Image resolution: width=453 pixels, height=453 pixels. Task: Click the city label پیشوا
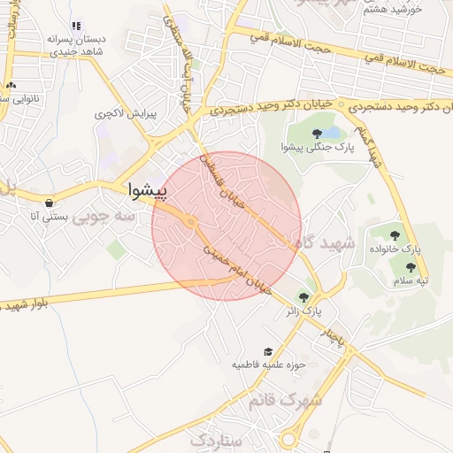(x=148, y=188)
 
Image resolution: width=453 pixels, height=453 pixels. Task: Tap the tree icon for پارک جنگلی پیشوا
(x=317, y=134)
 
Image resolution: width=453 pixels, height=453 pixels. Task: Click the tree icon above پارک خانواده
(x=395, y=235)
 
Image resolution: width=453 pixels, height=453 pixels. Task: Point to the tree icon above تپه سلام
(x=410, y=266)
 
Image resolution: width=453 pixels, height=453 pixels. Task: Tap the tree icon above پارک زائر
(x=305, y=297)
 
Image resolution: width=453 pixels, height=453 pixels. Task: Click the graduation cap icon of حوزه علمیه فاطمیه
(x=267, y=351)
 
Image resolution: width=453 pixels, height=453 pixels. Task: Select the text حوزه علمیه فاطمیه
(x=268, y=365)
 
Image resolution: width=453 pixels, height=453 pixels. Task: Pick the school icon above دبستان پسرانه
(x=76, y=26)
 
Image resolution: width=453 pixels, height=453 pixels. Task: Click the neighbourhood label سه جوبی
(x=104, y=215)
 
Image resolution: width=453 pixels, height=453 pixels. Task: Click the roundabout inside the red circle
(x=190, y=222)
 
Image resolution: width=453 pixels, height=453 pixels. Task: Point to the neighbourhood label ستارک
(x=215, y=440)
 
